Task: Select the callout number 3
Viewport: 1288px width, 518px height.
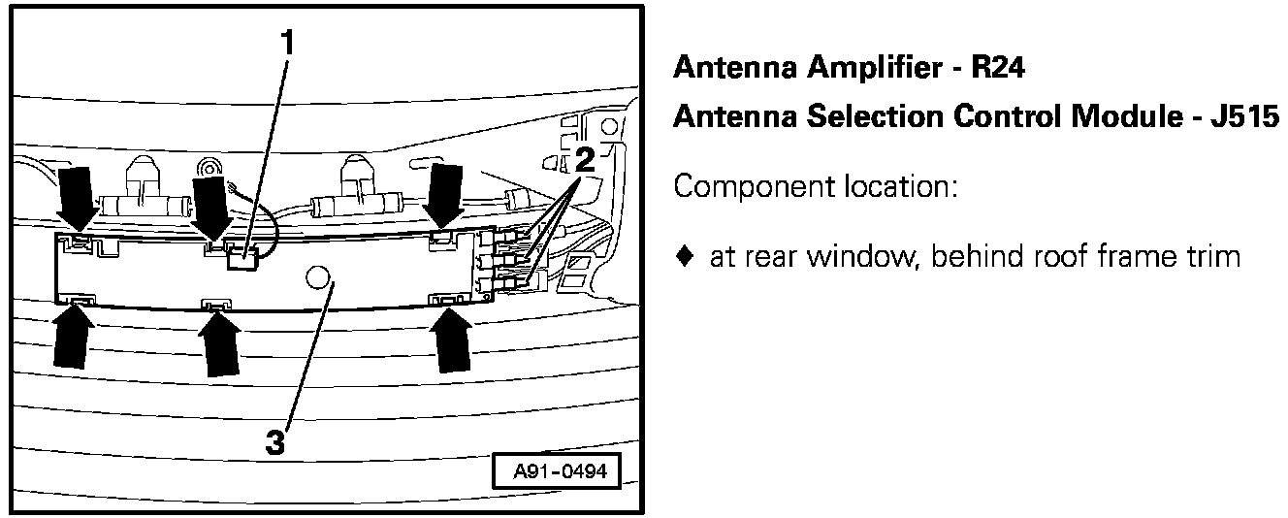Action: coord(276,443)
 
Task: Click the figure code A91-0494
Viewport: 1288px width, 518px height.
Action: coord(555,473)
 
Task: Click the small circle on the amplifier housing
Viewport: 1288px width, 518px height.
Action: coord(315,277)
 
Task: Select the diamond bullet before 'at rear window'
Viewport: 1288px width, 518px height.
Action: coord(685,257)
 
